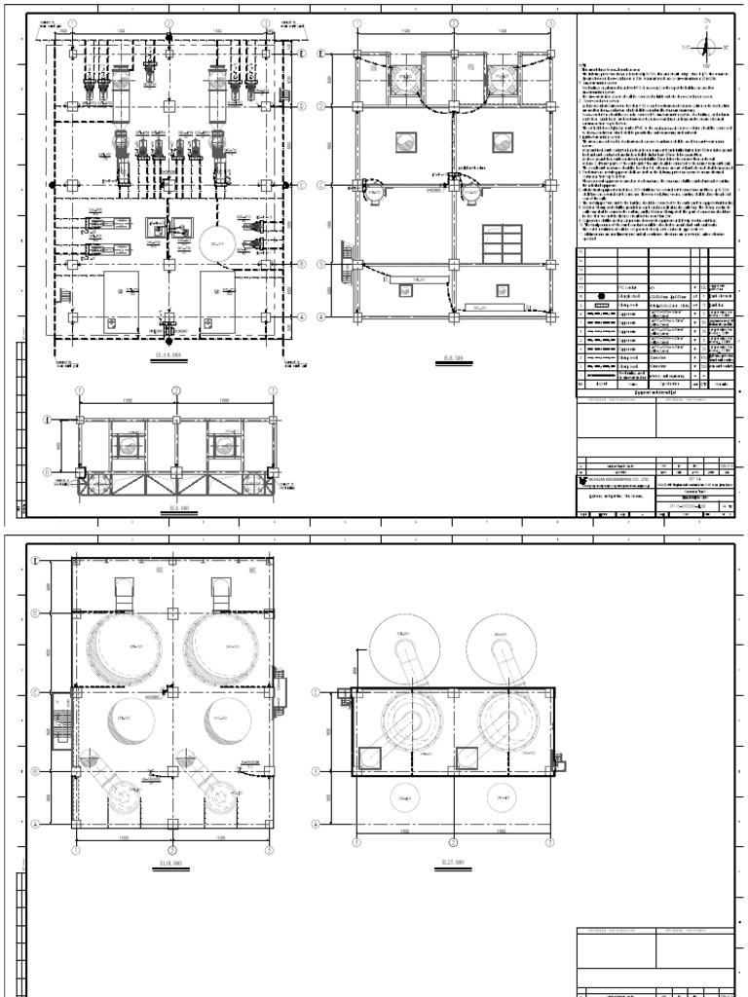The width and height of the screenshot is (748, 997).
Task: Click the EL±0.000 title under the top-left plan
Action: [x=168, y=357]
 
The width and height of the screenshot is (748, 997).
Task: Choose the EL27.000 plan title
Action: [x=452, y=862]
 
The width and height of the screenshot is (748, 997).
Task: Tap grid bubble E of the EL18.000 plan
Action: [x=34, y=561]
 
